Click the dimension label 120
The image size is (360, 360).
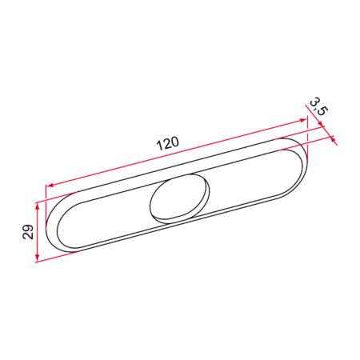pyautogui.click(x=167, y=143)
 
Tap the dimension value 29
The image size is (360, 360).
pyautogui.click(x=28, y=232)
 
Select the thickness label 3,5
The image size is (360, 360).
pyautogui.click(x=318, y=106)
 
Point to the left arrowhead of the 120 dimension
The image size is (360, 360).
pyautogui.click(x=49, y=185)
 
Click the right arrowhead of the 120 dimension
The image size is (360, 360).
pyautogui.click(x=303, y=120)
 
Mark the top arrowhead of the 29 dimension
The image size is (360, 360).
pyautogui.click(x=38, y=206)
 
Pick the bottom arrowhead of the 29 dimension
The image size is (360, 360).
pyautogui.click(x=38, y=257)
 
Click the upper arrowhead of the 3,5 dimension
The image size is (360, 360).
pyautogui.click(x=321, y=124)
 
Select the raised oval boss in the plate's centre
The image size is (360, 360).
pyautogui.click(x=179, y=198)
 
